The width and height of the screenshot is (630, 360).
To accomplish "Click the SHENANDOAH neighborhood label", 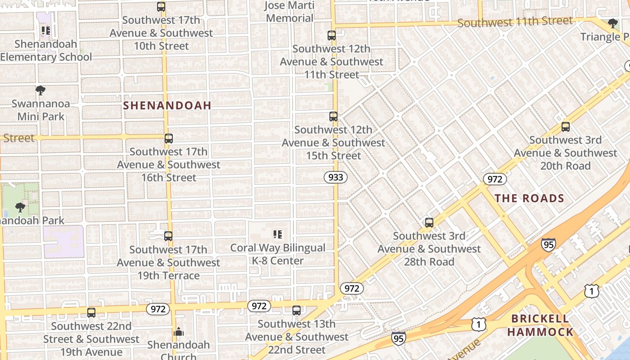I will tap(167, 105).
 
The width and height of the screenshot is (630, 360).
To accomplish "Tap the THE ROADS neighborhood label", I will tap(529, 198).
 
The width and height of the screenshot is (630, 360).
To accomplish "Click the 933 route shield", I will tap(336, 177).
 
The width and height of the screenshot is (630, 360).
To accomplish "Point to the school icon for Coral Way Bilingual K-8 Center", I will tap(278, 234).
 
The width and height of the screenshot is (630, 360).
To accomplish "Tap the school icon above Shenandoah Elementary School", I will tap(45, 31).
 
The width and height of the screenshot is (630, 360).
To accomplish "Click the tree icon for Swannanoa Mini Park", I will tap(40, 90).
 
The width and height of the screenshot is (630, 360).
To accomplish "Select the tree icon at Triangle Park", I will tap(612, 23).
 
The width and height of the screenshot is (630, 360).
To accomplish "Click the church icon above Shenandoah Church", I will tap(179, 332).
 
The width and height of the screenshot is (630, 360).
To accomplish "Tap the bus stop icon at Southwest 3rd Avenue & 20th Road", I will tap(566, 127).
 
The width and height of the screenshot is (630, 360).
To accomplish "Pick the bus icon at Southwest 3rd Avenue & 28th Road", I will tap(429, 223).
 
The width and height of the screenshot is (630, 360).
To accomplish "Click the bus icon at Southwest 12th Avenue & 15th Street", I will tap(333, 117).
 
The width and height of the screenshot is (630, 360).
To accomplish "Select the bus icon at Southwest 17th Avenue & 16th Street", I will tap(169, 139).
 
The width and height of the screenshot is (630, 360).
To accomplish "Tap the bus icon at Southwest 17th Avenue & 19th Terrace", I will tap(168, 236).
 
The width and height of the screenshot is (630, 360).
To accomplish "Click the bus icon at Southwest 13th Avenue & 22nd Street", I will tap(297, 310).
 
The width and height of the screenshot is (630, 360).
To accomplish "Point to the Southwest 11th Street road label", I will tap(515, 21).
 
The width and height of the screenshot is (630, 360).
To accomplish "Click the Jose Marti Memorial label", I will tap(289, 12).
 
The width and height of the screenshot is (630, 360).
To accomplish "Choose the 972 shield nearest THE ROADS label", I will tap(495, 179).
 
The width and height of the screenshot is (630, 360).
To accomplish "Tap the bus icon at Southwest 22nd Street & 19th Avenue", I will tap(91, 313).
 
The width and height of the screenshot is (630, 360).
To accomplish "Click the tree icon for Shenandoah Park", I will tap(20, 207).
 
